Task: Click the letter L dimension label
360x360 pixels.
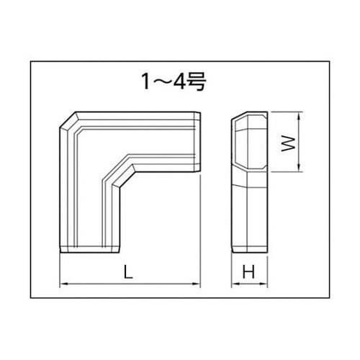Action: point(126,272)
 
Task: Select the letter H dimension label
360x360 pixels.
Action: point(249,272)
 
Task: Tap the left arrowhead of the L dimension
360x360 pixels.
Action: point(63,285)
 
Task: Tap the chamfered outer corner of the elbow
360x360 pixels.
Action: point(66,119)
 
